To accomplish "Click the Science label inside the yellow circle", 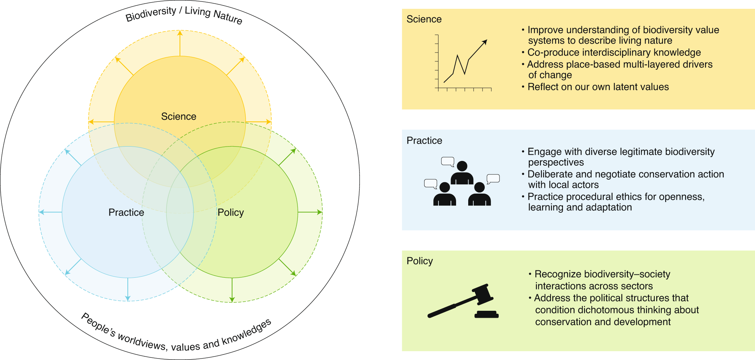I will (x=178, y=116).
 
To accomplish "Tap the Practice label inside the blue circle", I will (x=126, y=212).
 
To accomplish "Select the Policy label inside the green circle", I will (x=231, y=212).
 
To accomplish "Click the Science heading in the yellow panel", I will (x=424, y=19).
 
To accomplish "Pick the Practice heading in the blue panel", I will (x=424, y=140).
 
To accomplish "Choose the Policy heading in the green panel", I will (x=419, y=261).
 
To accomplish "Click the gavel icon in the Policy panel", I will (x=463, y=301).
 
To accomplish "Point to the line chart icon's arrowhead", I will (x=485, y=42).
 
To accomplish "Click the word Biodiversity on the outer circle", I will (x=151, y=14).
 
